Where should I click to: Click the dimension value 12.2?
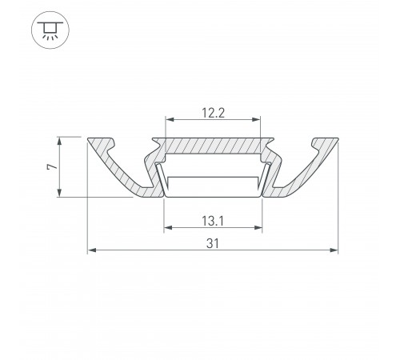(212, 113)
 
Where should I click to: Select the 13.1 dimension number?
(212, 218)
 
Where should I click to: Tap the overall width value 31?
(212, 242)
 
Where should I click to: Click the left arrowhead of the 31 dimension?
(91, 251)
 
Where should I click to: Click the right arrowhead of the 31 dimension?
(334, 251)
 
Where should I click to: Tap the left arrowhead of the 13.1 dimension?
(166, 227)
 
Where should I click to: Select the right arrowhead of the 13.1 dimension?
(258, 227)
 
